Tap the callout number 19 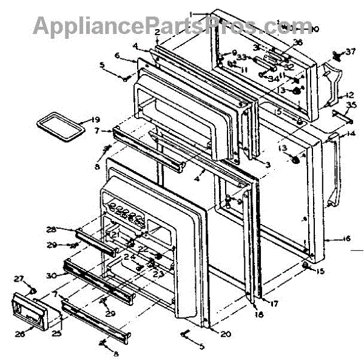click(x=95, y=119)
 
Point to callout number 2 click(x=157, y=32)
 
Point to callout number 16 click(x=347, y=239)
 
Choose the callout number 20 click(x=226, y=333)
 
